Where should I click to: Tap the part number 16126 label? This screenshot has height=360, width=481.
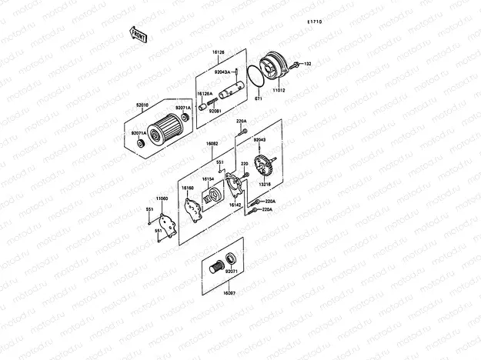click(218, 53)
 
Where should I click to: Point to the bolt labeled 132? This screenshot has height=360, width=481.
click(297, 63)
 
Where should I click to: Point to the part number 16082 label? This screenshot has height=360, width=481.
click(212, 143)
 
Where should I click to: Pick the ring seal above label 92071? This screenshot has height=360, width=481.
click(230, 258)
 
